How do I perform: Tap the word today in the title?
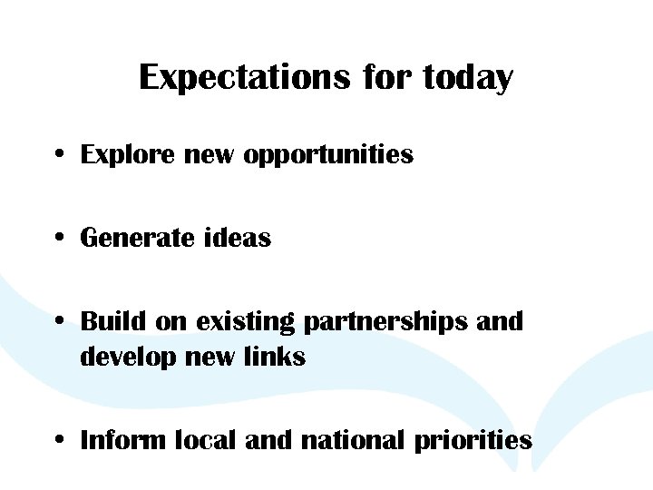tap(468, 78)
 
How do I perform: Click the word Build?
tap(114, 321)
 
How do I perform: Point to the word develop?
tap(127, 358)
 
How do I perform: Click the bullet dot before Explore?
tap(57, 155)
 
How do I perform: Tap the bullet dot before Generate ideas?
tap(57, 239)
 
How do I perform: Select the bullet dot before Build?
tap(57, 322)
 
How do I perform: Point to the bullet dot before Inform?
tap(57, 441)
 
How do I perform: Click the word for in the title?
tap(388, 78)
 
